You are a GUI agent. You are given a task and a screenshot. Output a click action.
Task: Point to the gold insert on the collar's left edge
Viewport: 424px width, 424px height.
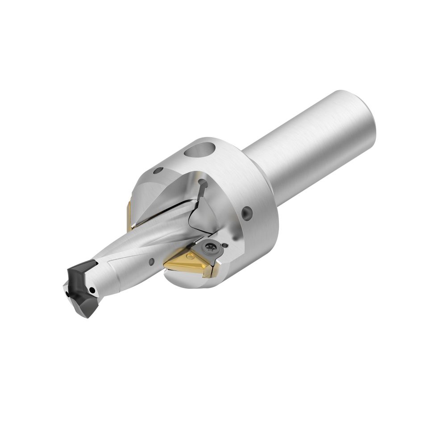tap(128, 213)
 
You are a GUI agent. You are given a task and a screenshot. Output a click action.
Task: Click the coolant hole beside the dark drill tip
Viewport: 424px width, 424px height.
tap(93, 291)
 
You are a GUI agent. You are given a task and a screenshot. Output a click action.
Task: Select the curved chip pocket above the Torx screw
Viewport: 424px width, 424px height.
tap(203, 214)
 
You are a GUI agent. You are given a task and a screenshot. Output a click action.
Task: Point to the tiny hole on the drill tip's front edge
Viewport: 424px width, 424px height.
tap(68, 295)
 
